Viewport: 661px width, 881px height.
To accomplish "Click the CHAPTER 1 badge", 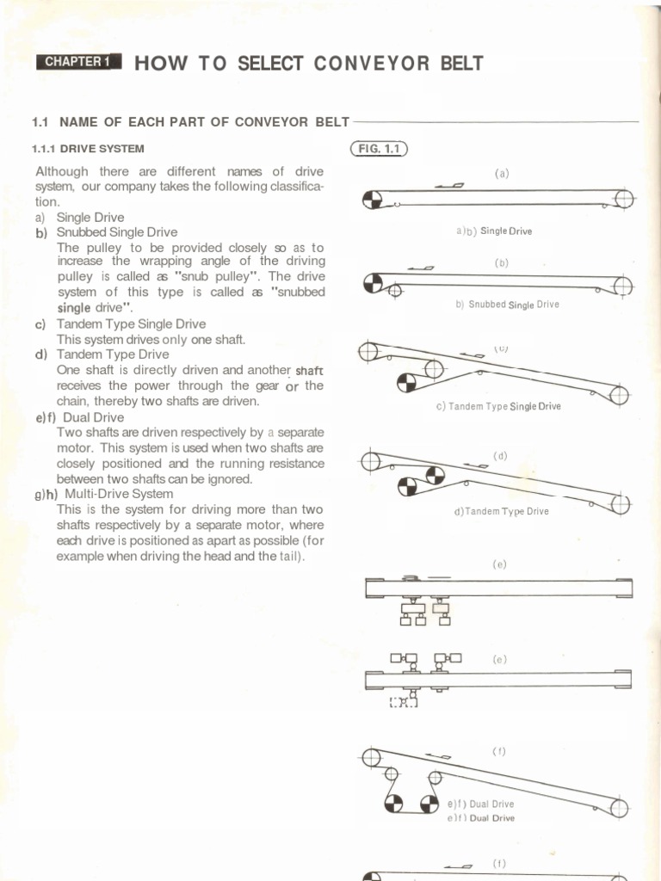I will [78, 62].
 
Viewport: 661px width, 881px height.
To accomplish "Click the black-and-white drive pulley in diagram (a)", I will [372, 200].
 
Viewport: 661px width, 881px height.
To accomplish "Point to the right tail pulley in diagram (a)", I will [624, 200].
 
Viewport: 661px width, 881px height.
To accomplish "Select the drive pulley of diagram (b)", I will [374, 282].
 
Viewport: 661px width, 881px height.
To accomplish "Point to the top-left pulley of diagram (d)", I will [370, 462].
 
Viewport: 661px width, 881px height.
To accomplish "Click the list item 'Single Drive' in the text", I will [90, 218].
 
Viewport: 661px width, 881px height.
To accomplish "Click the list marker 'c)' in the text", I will [40, 324].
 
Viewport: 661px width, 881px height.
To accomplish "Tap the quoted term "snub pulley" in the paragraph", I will [213, 276].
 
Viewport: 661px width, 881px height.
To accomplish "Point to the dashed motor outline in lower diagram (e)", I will [403, 704].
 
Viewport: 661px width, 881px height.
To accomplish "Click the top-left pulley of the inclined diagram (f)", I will [371, 757].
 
